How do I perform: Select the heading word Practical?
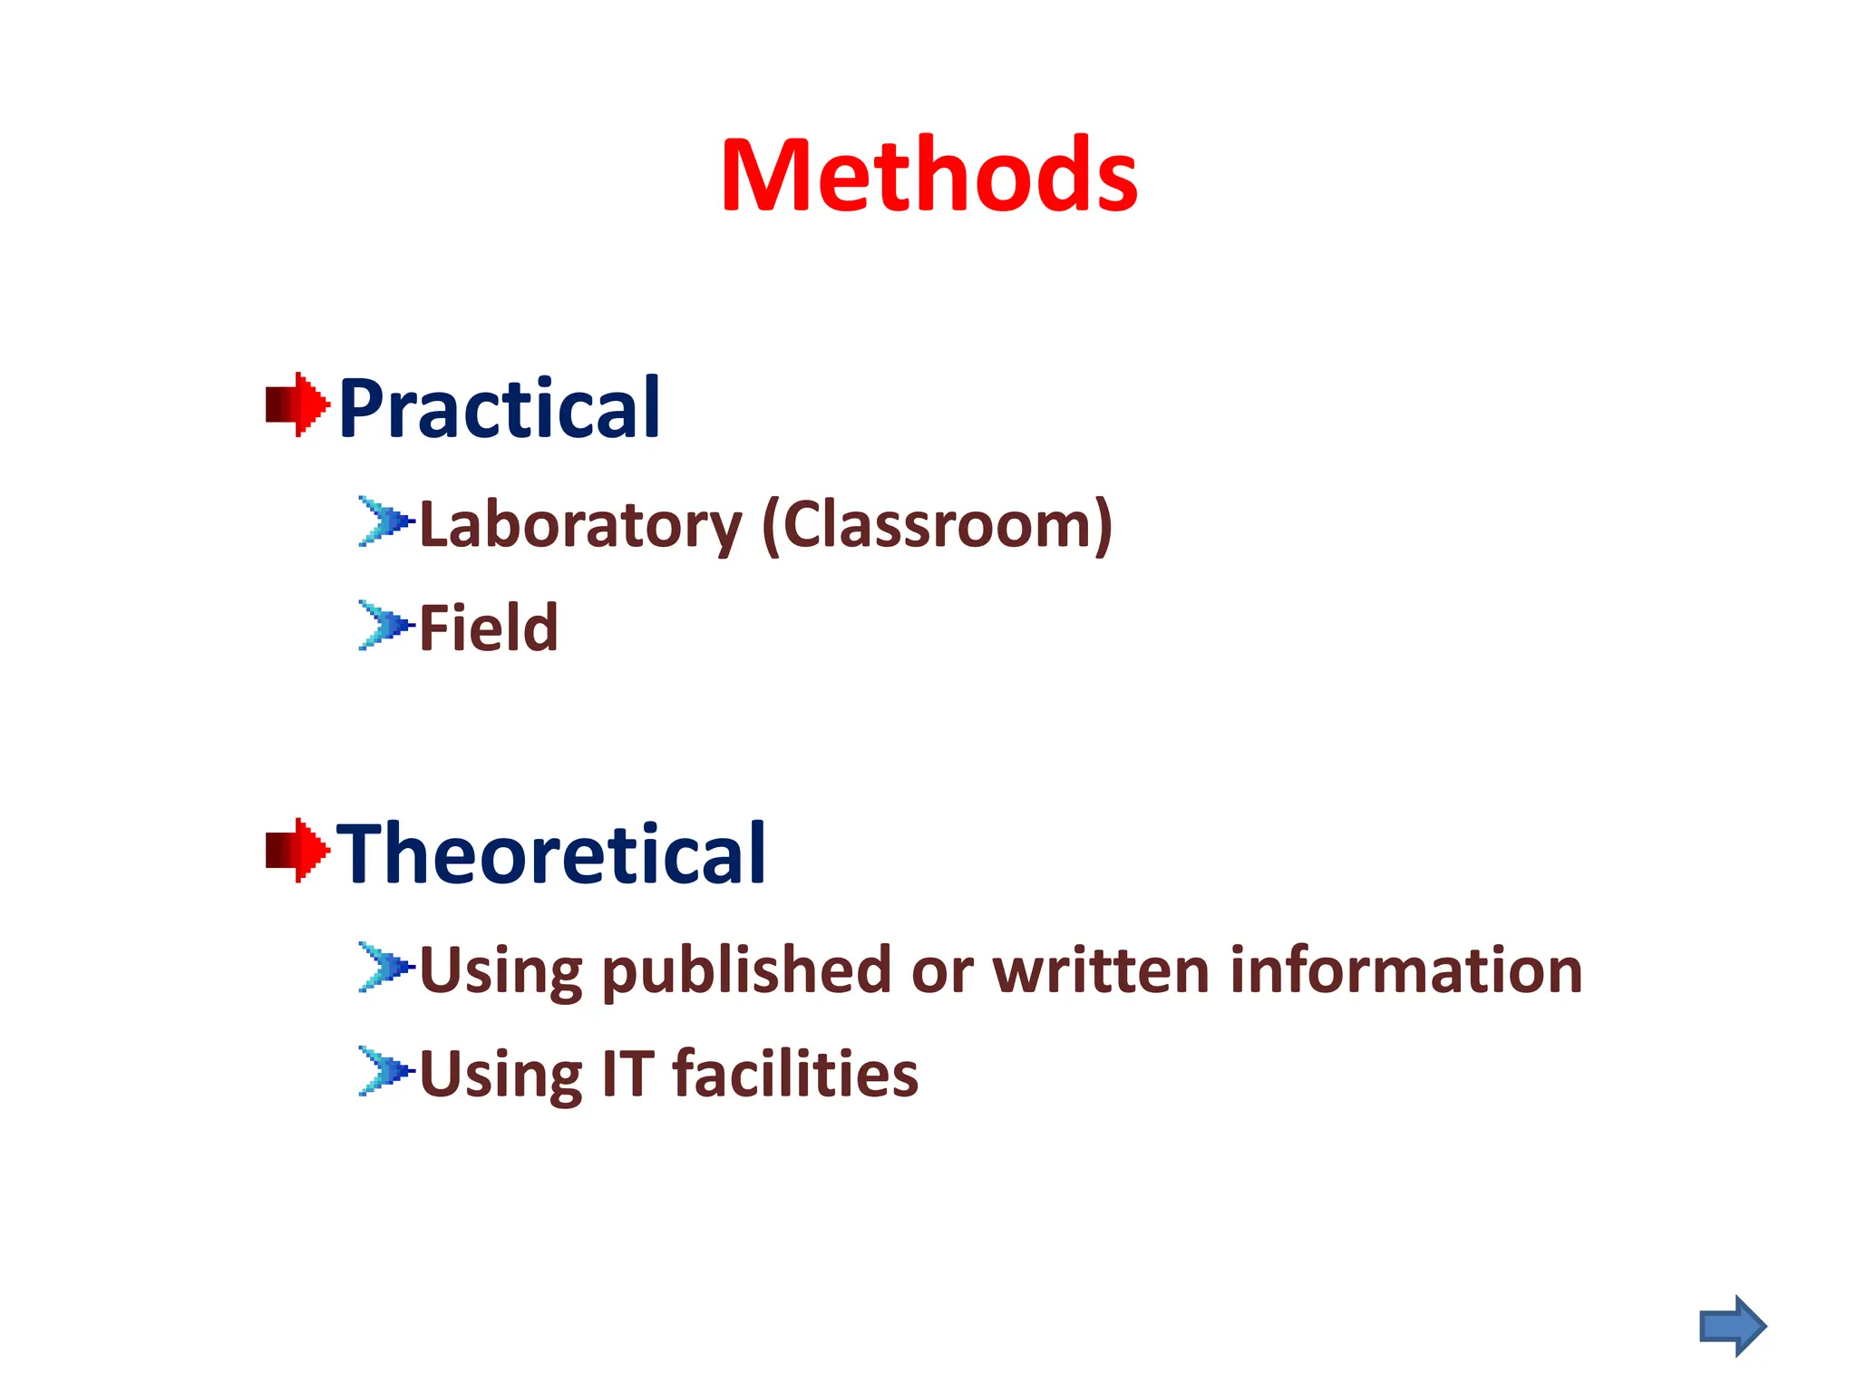tap(499, 409)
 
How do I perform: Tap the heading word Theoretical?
tap(551, 853)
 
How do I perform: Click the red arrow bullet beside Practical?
tap(297, 404)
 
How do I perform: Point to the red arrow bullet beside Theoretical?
tap(297, 850)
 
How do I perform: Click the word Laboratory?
tap(580, 526)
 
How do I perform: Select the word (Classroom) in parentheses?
tap(937, 526)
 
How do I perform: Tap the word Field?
tap(488, 628)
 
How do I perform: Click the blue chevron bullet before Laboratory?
tap(385, 521)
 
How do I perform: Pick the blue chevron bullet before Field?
tap(385, 625)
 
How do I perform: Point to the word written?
tap(1101, 971)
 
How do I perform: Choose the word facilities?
tap(794, 1074)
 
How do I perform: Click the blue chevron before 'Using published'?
tap(385, 967)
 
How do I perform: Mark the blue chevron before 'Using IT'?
tap(385, 1071)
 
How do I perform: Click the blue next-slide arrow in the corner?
tap(1732, 1326)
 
